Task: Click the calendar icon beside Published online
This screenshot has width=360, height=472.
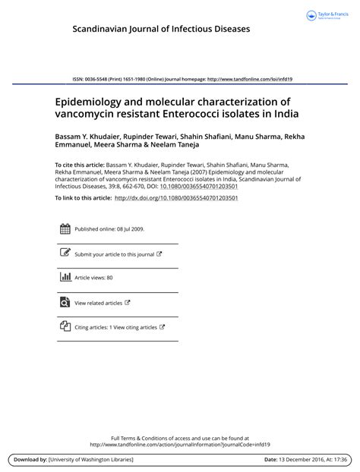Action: [65, 228]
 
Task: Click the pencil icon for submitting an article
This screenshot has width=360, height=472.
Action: [65, 253]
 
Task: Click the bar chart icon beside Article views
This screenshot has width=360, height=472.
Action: [65, 278]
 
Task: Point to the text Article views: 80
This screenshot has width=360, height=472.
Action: [93, 278]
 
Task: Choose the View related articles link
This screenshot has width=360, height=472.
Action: [98, 303]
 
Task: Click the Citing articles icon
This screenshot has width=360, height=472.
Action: [65, 326]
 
